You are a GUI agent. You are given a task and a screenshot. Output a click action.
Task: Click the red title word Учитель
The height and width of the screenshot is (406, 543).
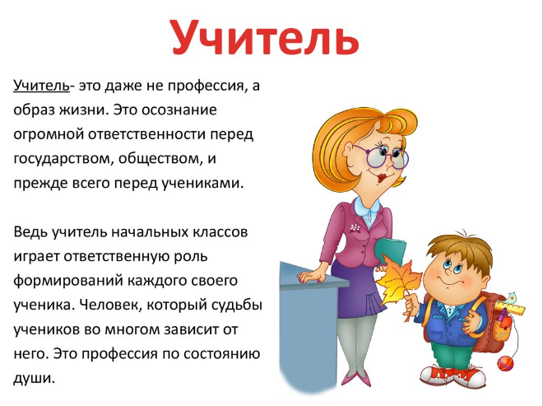tap(265, 37)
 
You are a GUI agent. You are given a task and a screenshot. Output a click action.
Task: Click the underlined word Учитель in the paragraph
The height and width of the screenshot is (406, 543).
tap(42, 86)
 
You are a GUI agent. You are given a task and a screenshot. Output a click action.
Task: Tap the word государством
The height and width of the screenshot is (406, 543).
tap(63, 159)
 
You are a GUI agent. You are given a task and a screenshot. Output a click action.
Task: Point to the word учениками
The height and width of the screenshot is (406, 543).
tap(203, 184)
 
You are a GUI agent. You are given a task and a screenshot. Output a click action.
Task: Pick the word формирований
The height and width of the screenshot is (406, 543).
tap(68, 281)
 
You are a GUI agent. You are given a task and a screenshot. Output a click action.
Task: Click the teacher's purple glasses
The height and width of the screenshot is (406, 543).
tap(381, 156)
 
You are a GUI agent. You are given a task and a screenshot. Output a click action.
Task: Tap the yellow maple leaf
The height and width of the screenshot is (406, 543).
tap(398, 282)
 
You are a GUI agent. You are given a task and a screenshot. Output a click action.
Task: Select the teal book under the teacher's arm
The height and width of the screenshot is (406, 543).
tap(390, 250)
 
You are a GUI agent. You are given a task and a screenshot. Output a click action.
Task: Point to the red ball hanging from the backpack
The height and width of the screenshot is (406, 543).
tap(505, 364)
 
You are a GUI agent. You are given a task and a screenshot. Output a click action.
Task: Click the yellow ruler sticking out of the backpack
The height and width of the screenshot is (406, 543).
tap(509, 308)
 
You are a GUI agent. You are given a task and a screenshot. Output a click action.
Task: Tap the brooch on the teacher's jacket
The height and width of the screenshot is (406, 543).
tap(355, 228)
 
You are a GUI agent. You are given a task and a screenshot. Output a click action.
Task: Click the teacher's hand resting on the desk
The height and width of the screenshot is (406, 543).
tap(312, 277)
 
